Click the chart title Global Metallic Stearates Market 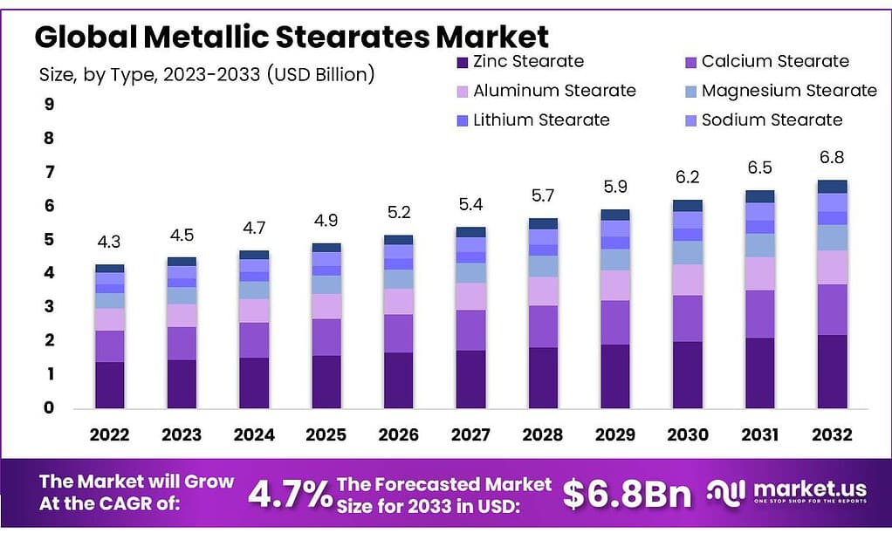[292, 37]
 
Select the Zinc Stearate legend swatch [462, 62]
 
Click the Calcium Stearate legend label [774, 62]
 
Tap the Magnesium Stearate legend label [788, 91]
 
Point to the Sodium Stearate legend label [772, 120]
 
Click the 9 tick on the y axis [49, 105]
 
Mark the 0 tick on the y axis [49, 407]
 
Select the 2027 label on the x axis [470, 434]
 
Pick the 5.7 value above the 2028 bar [542, 195]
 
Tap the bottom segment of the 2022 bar [110, 385]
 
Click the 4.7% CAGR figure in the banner [289, 495]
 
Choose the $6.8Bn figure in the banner [626, 495]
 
